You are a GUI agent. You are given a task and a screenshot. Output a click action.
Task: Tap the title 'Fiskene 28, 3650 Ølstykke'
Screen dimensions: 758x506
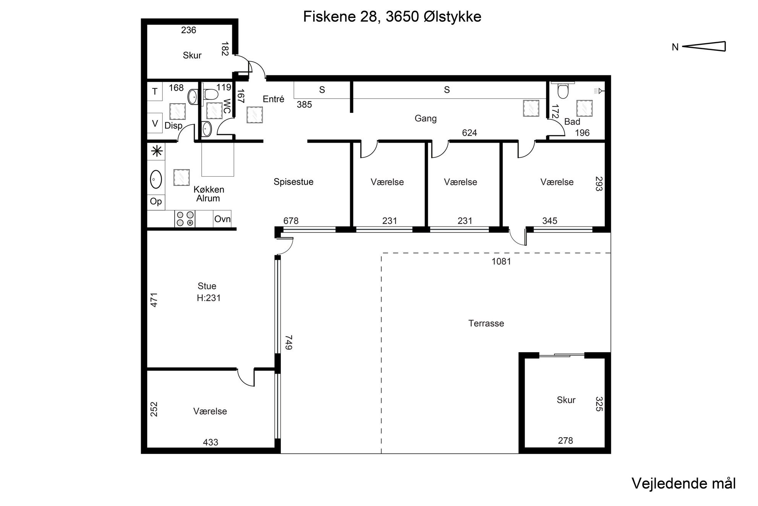pyautogui.click(x=392, y=17)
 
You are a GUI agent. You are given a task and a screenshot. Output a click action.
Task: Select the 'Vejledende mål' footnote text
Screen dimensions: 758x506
pyautogui.click(x=683, y=483)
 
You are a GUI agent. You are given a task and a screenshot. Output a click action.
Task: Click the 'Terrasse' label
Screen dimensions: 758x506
pyautogui.click(x=486, y=324)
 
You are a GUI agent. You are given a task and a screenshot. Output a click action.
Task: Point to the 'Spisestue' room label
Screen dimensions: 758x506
pyautogui.click(x=293, y=182)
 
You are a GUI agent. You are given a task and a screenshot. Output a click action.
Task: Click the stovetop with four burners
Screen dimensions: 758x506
pyautogui.click(x=185, y=219)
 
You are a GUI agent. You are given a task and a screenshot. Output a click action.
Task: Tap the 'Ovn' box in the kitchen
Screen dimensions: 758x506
pyautogui.click(x=222, y=219)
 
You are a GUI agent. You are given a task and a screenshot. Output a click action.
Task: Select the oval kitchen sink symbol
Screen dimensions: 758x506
pyautogui.click(x=156, y=179)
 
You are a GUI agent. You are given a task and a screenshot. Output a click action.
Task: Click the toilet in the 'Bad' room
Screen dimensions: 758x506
pyautogui.click(x=563, y=91)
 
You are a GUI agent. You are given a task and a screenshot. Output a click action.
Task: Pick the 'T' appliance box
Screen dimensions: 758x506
pyautogui.click(x=155, y=91)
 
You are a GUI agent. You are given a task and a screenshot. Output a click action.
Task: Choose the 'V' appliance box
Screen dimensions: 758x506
pyautogui.click(x=155, y=123)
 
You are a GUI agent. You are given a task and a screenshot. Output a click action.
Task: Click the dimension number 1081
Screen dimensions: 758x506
pyautogui.click(x=501, y=262)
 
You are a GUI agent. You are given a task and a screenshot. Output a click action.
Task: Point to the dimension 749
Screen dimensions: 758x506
pyautogui.click(x=288, y=342)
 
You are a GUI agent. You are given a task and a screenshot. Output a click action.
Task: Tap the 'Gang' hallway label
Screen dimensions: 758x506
pyautogui.click(x=426, y=119)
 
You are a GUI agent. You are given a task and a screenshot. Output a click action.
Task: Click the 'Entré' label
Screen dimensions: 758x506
pyautogui.click(x=274, y=99)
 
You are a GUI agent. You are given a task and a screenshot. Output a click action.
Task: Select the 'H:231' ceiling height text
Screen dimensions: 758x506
pyautogui.click(x=209, y=298)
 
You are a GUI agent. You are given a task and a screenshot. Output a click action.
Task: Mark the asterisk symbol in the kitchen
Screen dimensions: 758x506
pyautogui.click(x=157, y=151)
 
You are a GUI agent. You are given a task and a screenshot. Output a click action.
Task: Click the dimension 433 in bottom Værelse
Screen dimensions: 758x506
pyautogui.click(x=211, y=443)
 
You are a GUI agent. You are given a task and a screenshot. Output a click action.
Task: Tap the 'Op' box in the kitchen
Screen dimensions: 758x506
pyautogui.click(x=156, y=201)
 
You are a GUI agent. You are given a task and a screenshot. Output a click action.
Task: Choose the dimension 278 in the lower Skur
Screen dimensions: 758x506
pyautogui.click(x=565, y=441)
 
